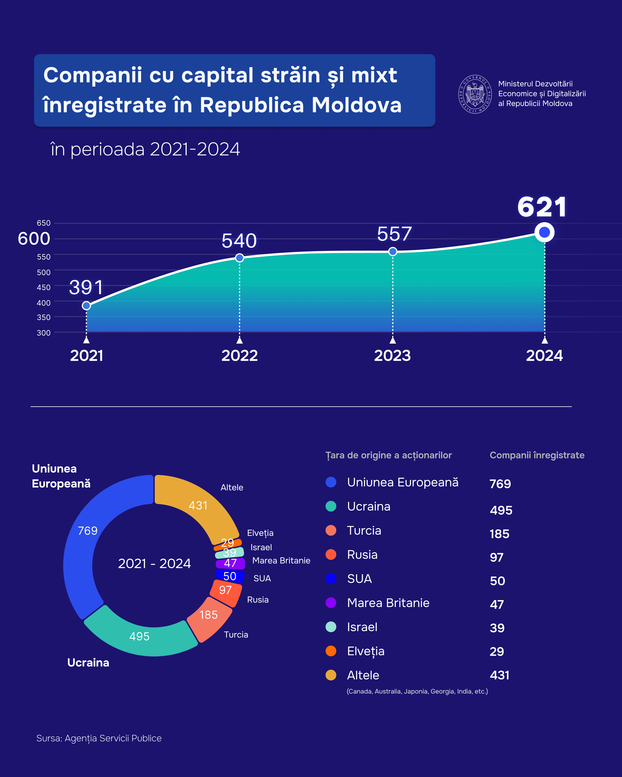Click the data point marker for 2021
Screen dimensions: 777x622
[x=86, y=306]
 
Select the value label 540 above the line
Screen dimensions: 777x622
[x=239, y=241]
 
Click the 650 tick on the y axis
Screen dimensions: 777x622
[x=44, y=223]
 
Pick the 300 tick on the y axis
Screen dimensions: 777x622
[x=44, y=333]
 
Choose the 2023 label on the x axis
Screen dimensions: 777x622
[x=392, y=356]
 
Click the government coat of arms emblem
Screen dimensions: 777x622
[x=475, y=94]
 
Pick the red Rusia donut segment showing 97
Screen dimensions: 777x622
[x=226, y=590]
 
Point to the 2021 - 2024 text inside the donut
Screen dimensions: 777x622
[x=154, y=563]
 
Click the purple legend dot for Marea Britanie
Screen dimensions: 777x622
[x=331, y=603]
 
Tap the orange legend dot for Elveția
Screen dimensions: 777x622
[x=331, y=651]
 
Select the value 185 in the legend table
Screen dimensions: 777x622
[x=499, y=534]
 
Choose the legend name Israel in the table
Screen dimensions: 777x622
[x=362, y=627]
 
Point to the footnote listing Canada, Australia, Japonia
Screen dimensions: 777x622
[x=417, y=691]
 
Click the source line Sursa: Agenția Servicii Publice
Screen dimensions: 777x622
[x=99, y=738]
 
